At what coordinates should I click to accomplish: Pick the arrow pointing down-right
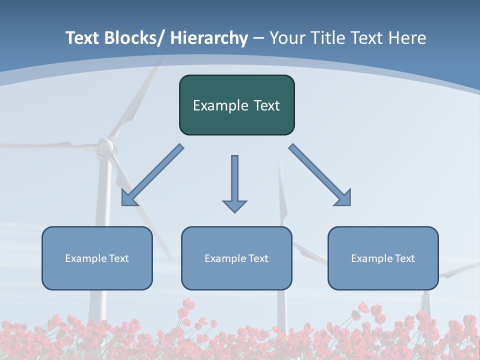pos(320,175)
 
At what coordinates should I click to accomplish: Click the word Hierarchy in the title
pos(209,38)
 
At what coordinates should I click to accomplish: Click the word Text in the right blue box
pos(405,258)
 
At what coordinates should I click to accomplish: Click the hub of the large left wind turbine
pos(105,146)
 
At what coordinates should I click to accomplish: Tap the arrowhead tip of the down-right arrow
pos(350,205)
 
